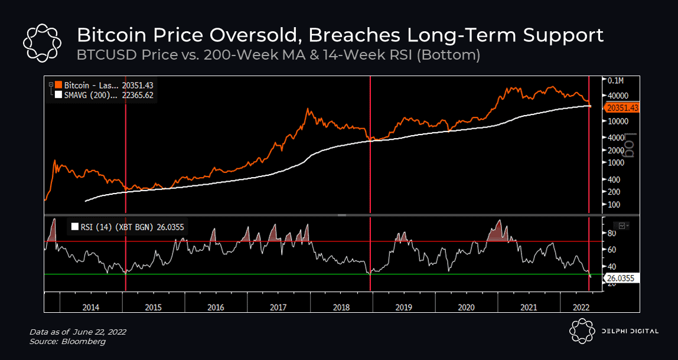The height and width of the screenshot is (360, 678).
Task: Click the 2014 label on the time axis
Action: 90,307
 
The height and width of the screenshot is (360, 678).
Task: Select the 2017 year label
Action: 278,307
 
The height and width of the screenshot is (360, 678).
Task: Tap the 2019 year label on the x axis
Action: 403,307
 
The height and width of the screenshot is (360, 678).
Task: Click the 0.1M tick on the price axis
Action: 615,80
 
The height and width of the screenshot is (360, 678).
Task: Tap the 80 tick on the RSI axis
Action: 612,233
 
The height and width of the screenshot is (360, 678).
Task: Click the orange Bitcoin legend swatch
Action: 58,86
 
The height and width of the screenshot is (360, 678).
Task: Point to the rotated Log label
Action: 630,145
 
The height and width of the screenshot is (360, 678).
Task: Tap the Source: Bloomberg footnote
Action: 67,341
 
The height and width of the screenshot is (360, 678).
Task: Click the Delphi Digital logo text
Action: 630,331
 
